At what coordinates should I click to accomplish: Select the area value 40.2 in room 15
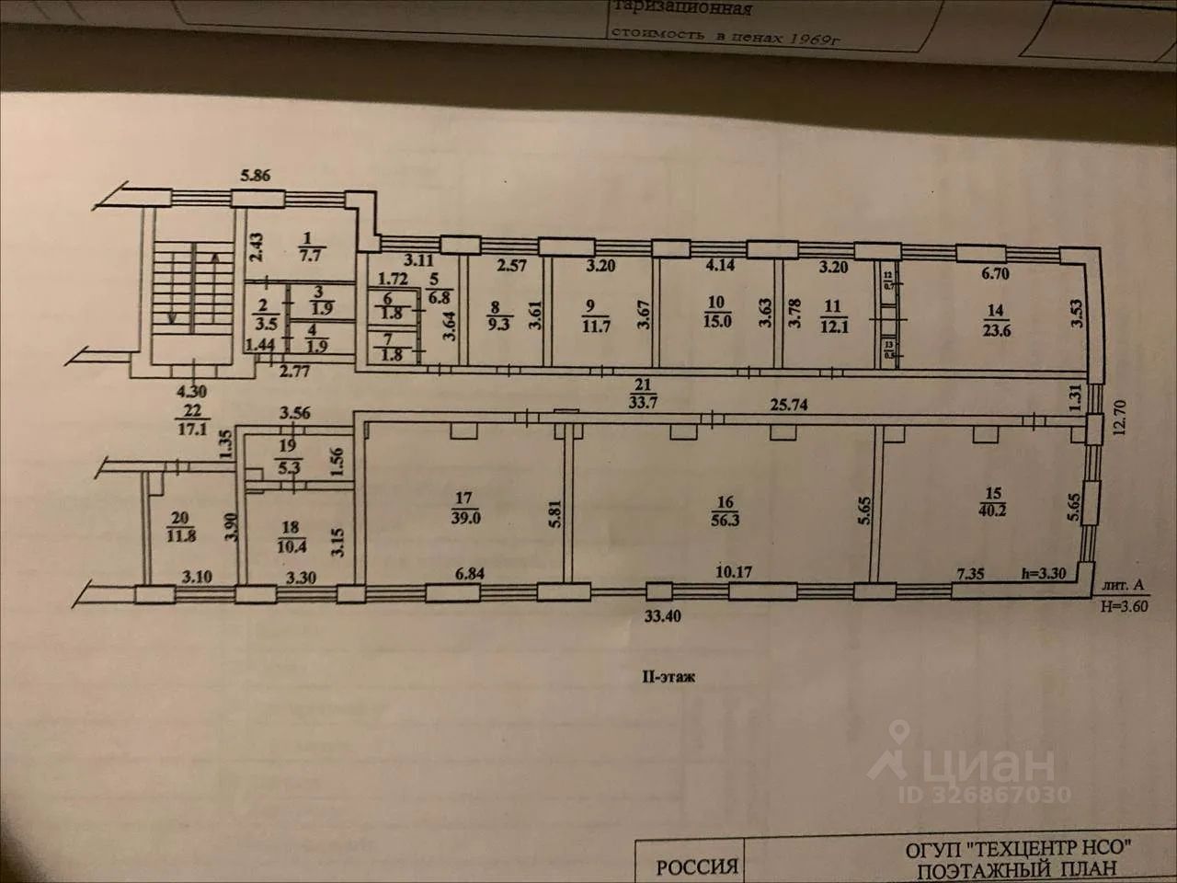(990, 509)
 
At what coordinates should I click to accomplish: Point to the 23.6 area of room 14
(996, 329)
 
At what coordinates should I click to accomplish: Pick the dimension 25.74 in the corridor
(789, 404)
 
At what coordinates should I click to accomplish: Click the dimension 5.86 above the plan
(255, 176)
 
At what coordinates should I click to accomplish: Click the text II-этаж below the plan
(668, 677)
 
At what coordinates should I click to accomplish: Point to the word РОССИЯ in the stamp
(696, 866)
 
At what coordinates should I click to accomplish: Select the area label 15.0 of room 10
(717, 319)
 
